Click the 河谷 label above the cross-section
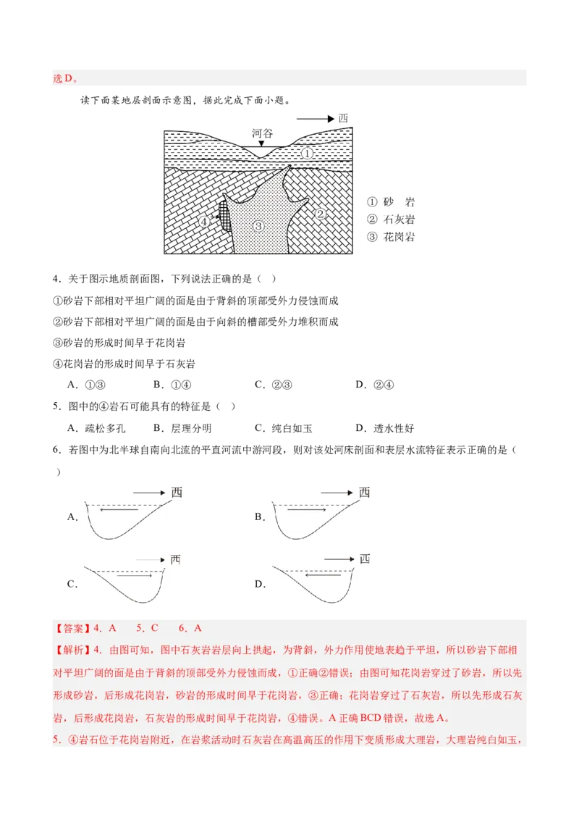tap(262, 133)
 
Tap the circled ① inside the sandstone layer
tap(308, 154)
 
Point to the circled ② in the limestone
tap(321, 214)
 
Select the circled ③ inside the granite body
tap(258, 226)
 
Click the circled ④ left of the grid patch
tap(204, 221)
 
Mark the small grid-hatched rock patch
tap(224, 215)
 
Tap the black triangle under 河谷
tap(261, 143)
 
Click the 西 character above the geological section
tap(343, 118)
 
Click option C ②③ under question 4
tap(274, 385)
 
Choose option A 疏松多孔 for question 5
tap(97, 428)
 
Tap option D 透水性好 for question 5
tap(384, 428)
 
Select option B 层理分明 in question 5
tap(182, 428)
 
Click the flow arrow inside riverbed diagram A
tap(119, 509)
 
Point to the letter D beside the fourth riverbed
tap(261, 584)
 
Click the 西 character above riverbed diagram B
tap(364, 492)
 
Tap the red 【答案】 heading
tap(72, 628)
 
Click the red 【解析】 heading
tap(72, 650)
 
